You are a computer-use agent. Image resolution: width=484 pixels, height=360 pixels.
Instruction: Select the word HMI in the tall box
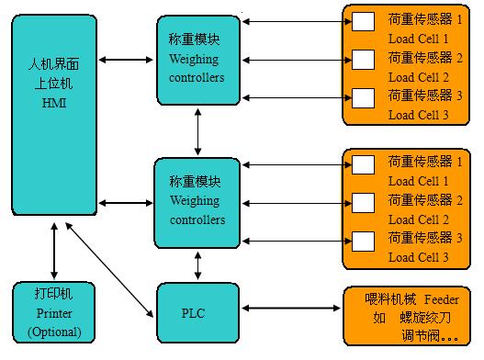[x=54, y=104]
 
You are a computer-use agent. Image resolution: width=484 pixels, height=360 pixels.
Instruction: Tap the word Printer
[x=54, y=314]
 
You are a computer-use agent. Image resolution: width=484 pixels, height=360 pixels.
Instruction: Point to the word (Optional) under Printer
[x=54, y=332]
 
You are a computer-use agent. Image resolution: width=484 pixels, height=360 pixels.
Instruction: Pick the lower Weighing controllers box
[x=197, y=202]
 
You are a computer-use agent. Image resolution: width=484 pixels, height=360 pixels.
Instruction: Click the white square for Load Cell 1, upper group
[x=364, y=20]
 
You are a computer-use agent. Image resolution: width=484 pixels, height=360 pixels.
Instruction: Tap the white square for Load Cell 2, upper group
[x=364, y=59]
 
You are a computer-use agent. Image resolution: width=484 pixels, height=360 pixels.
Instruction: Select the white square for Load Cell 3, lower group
[x=364, y=240]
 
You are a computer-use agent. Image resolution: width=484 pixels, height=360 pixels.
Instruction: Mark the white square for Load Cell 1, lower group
[x=364, y=163]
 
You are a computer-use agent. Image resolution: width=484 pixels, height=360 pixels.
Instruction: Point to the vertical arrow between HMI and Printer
[x=54, y=249]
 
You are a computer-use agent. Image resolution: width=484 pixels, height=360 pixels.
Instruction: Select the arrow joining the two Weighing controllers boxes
[x=197, y=130]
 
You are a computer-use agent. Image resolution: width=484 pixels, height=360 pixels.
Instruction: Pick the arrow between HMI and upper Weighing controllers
[x=126, y=61]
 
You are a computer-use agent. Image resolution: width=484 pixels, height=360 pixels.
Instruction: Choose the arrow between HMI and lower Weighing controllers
[x=126, y=202]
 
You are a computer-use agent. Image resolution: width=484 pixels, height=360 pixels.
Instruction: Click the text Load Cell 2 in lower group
[x=418, y=219]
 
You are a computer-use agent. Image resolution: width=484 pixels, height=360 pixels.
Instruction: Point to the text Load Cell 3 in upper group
[x=418, y=115]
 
